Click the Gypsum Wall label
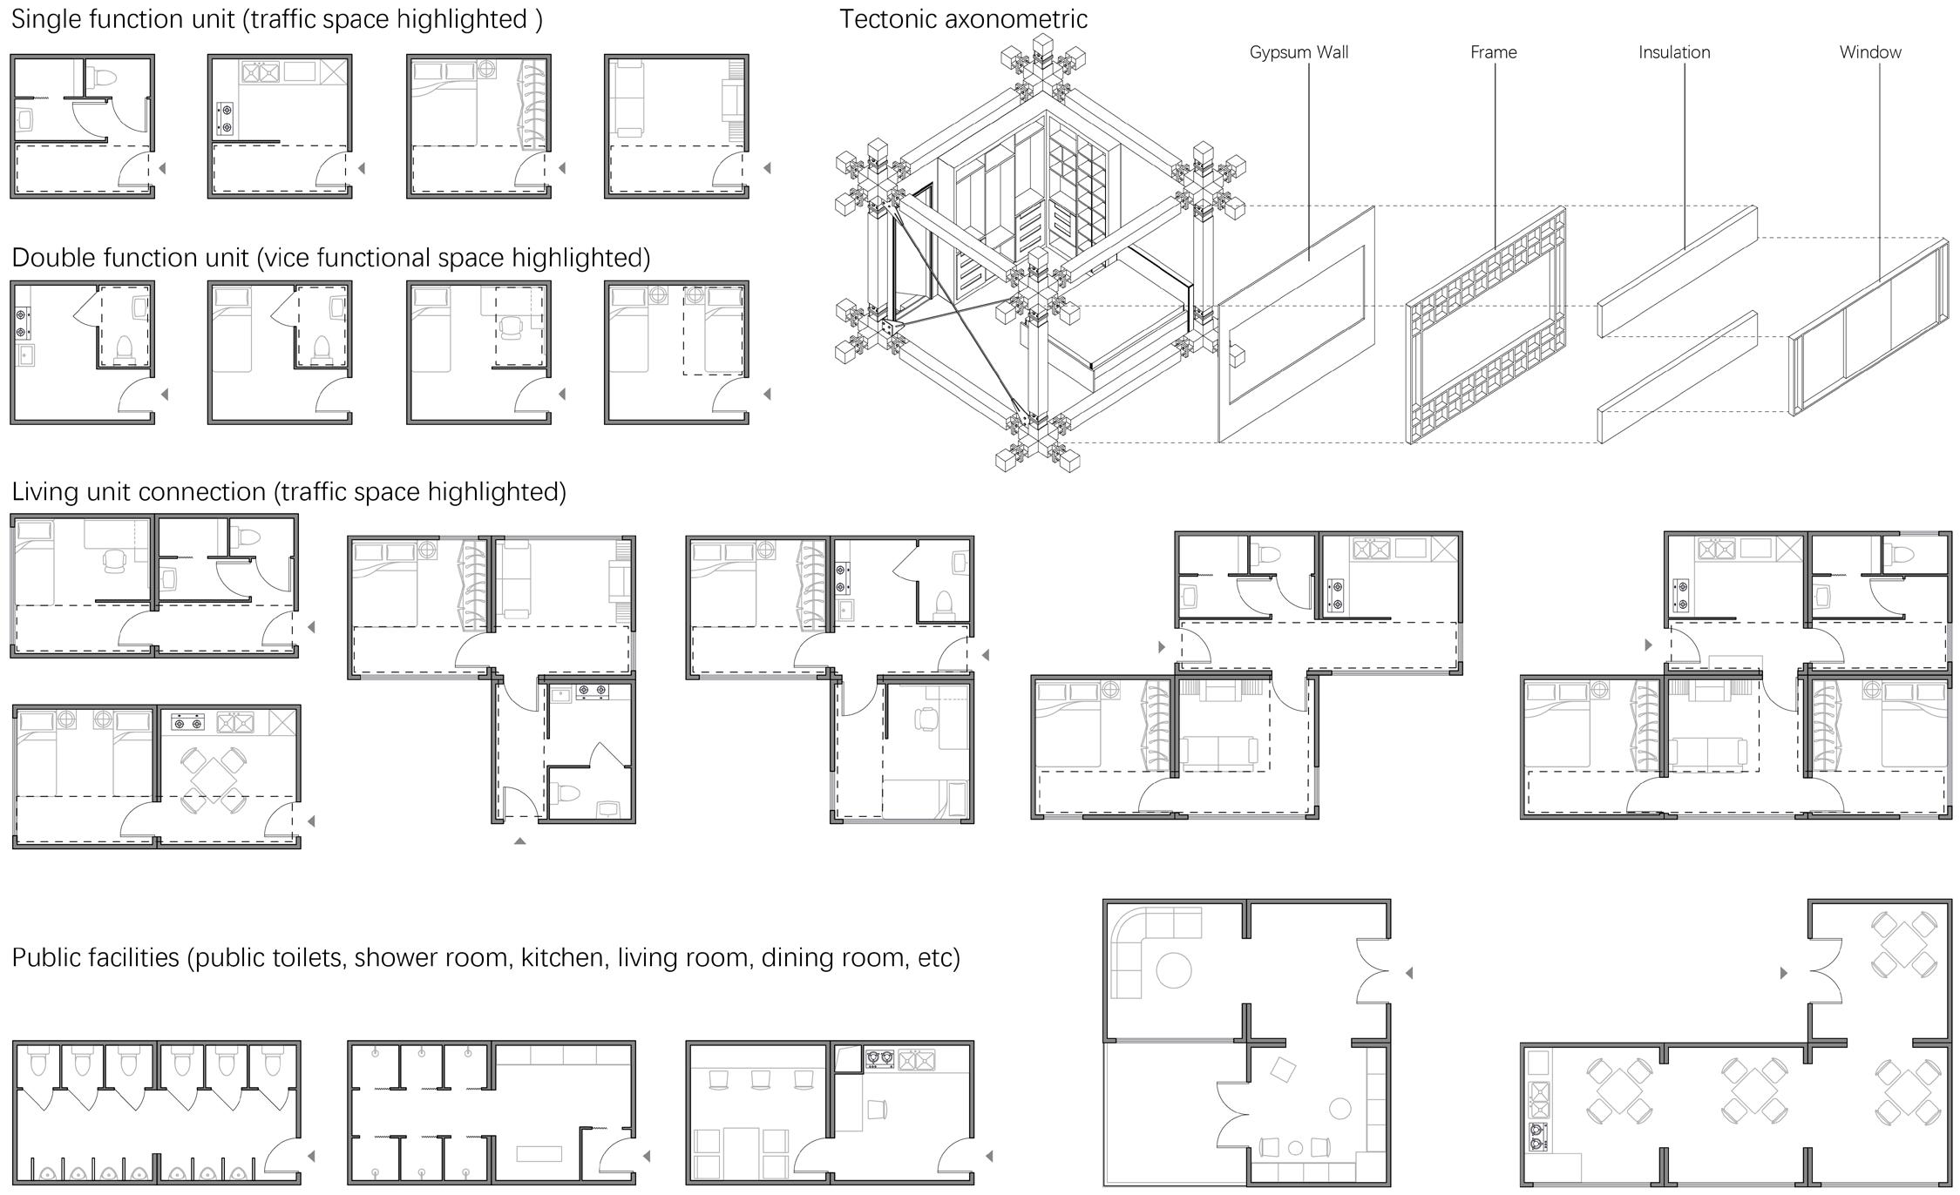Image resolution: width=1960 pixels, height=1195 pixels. click(1299, 52)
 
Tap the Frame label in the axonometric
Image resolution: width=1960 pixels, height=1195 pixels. click(1493, 52)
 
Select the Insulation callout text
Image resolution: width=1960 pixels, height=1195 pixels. click(1673, 52)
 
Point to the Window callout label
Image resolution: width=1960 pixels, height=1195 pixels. click(1869, 52)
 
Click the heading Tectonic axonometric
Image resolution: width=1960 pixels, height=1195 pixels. click(963, 19)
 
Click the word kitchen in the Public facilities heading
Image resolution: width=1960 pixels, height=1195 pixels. click(562, 958)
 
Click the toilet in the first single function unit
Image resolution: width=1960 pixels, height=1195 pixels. click(105, 77)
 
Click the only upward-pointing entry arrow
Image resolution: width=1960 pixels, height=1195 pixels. click(519, 841)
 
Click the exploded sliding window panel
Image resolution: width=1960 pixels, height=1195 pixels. click(1869, 327)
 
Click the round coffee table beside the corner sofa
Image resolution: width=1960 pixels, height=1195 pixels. click(1173, 969)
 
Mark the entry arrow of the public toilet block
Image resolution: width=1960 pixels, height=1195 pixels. click(311, 1157)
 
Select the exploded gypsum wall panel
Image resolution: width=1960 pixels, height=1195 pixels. click(1296, 324)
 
